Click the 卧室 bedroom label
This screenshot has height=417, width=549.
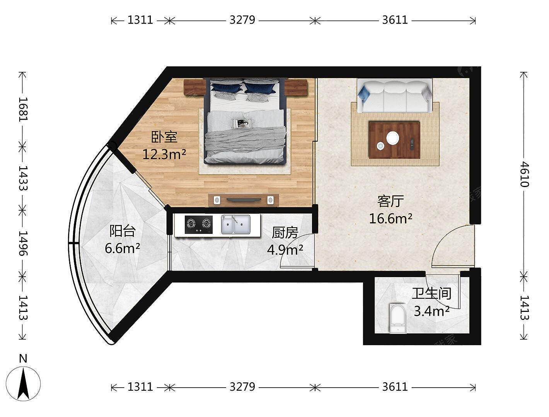click(x=164, y=137)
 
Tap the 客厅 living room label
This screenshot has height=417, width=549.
click(x=390, y=201)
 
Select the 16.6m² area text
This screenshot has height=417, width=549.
click(x=390, y=218)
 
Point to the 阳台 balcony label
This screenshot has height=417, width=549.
click(x=123, y=231)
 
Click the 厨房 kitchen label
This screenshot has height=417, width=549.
click(x=285, y=233)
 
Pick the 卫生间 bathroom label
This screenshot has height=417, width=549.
click(x=432, y=293)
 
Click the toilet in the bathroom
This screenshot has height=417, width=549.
click(x=397, y=318)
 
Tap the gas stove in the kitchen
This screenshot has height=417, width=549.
click(x=199, y=225)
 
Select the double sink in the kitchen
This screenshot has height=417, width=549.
click(x=235, y=224)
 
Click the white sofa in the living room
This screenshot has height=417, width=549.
click(x=395, y=95)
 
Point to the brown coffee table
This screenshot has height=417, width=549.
click(x=394, y=140)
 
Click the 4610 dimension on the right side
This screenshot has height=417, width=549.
click(x=524, y=174)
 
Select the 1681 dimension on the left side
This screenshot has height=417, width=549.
click(x=23, y=109)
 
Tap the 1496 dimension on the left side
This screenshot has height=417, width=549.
click(x=23, y=243)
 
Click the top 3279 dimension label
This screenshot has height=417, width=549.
click(x=242, y=20)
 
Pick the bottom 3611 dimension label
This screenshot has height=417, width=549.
click(x=395, y=387)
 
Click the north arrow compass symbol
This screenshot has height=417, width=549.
click(x=23, y=384)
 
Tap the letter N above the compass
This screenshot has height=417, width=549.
click(x=23, y=359)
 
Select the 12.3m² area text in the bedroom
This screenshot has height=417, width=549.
click(x=164, y=154)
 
